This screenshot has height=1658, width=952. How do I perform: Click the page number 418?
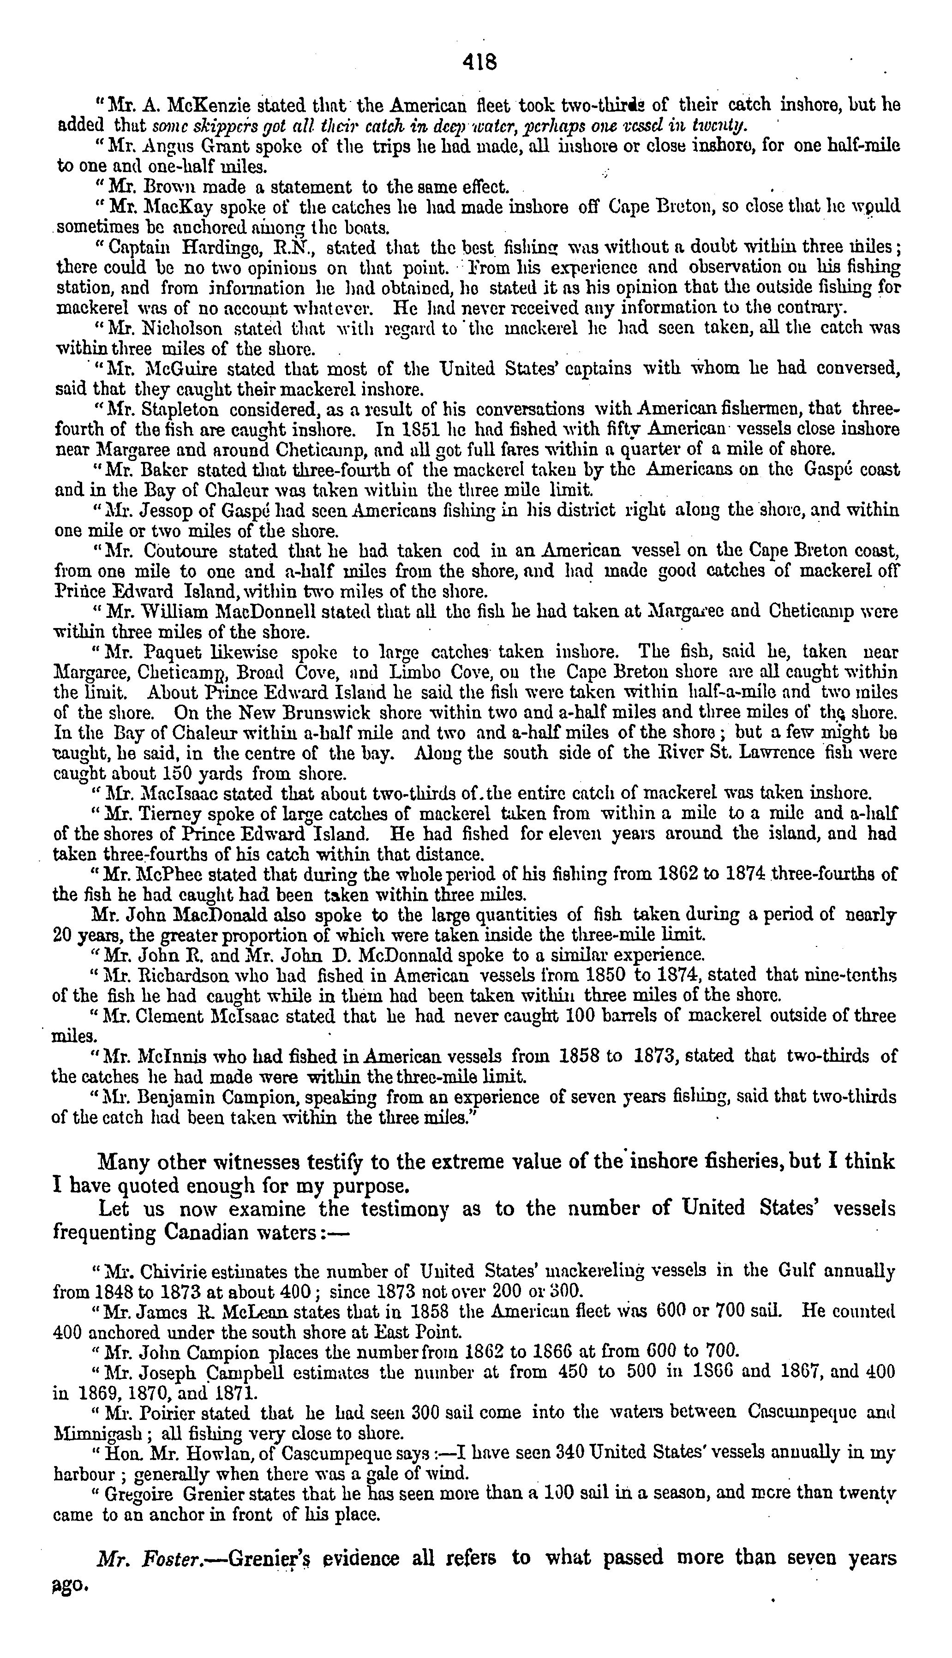tap(480, 62)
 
